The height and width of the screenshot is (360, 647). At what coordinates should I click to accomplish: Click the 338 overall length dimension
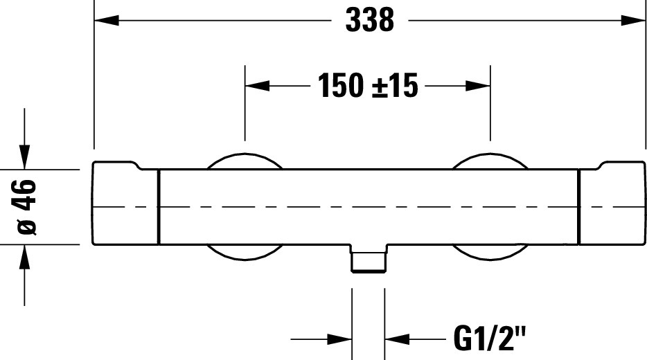[x=370, y=20]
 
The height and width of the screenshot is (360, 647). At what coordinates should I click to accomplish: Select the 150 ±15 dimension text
[x=368, y=85]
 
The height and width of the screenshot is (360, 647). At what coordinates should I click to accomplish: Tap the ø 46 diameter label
[x=27, y=207]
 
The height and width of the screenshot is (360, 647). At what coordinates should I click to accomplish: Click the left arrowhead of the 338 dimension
[x=107, y=20]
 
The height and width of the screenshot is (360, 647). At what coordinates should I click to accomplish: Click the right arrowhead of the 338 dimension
[x=633, y=20]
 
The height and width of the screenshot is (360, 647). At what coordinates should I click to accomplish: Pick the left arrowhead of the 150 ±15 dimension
[x=257, y=86]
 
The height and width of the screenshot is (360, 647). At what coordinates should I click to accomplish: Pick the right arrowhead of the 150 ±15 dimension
[x=478, y=86]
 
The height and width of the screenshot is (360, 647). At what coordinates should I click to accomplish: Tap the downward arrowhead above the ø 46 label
[x=25, y=157]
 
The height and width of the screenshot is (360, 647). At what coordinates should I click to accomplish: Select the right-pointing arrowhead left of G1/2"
[x=339, y=339]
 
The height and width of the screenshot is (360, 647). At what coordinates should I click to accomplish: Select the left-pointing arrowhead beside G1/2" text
[x=397, y=339]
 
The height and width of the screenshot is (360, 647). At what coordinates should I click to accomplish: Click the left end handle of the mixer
[x=125, y=204]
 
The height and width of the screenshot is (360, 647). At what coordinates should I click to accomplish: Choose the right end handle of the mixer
[x=612, y=204]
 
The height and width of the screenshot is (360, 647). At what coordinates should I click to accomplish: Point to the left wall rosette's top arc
[x=245, y=154]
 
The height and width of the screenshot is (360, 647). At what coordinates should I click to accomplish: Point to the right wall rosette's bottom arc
[x=490, y=260]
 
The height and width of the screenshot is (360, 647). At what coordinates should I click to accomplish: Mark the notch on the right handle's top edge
[x=599, y=166]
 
